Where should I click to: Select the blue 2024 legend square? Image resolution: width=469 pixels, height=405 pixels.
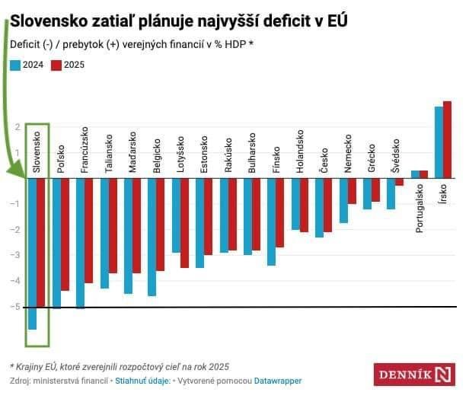pos(15,65)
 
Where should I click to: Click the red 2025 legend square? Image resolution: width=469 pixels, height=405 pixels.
pos(56,65)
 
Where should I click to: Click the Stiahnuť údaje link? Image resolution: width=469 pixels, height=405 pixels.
pos(142,380)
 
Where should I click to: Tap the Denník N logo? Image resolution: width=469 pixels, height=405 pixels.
pos(414,375)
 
